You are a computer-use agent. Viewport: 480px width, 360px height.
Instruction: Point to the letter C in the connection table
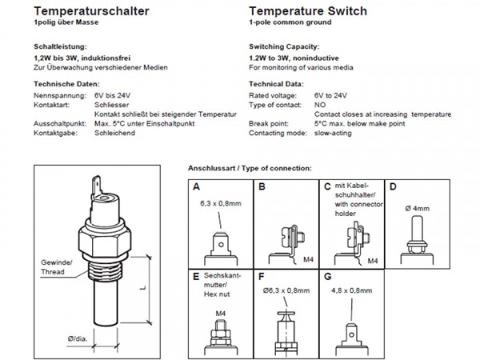tap(326, 188)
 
